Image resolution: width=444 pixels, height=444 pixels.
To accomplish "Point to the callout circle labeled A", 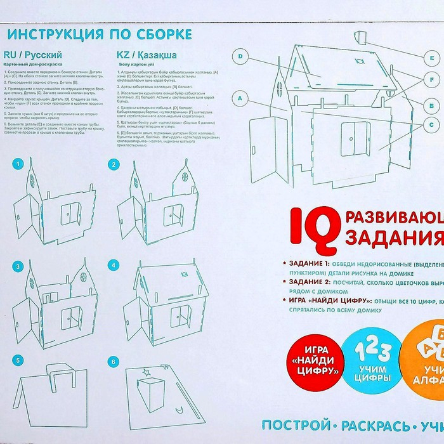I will coord(239,99).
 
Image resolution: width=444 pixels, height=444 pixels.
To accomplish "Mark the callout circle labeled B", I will coord(431,105).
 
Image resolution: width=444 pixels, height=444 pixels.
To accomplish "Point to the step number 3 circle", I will coord(18,265).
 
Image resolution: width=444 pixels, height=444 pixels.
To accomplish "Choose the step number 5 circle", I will coord(18,362).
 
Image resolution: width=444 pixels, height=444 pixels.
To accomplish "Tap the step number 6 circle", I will coord(114,362).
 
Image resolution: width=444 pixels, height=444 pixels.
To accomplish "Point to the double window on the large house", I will coord(356,136).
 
